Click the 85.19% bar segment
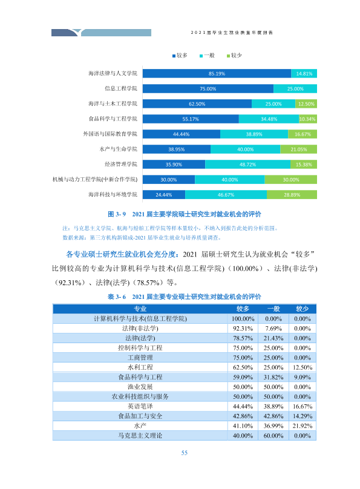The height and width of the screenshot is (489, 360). click(217, 74)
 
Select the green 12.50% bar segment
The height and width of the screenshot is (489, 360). click(306, 104)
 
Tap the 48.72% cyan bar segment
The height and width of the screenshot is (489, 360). click(248, 165)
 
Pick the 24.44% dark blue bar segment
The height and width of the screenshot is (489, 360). click(164, 195)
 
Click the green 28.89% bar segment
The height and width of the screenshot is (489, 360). click(292, 195)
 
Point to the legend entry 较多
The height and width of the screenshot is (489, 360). click(180, 56)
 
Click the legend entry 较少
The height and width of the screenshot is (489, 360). click(234, 56)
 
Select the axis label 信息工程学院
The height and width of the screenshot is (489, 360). click(121, 88)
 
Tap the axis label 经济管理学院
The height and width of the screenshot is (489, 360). click(121, 165)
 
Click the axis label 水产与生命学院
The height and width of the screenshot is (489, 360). click(119, 149)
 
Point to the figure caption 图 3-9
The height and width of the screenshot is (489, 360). click(117, 214)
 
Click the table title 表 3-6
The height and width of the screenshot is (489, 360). click(117, 297)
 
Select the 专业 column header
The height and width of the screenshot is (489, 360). click(140, 309)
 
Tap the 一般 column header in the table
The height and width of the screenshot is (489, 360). click(273, 309)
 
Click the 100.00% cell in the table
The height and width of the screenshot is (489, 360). click(243, 319)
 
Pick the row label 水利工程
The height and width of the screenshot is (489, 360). click(140, 367)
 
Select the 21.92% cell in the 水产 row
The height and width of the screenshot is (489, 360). click(303, 425)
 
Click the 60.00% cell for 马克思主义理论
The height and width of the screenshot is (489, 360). click(273, 436)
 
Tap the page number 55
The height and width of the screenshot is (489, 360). click(185, 453)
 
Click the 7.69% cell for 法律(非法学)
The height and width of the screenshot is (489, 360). click(273, 329)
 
